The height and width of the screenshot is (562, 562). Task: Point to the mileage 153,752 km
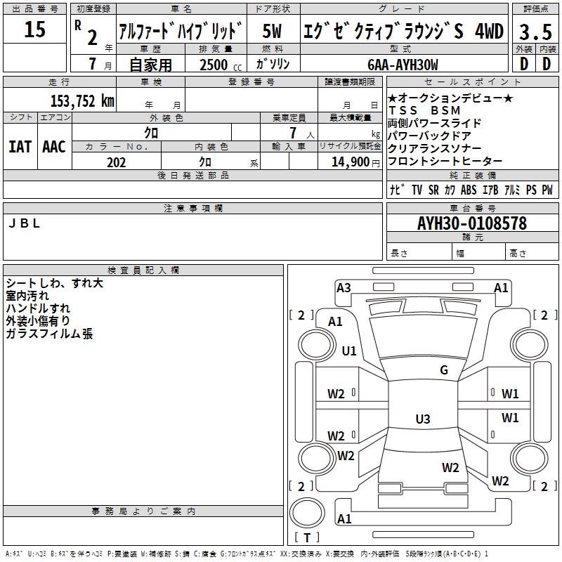click(x=81, y=100)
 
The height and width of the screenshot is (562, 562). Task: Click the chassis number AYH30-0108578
click(x=471, y=223)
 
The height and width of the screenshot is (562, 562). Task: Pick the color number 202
click(x=117, y=162)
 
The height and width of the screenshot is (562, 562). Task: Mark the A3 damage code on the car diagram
click(x=344, y=287)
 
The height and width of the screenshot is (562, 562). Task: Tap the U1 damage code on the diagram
click(x=349, y=351)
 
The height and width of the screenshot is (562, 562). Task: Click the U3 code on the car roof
click(x=422, y=419)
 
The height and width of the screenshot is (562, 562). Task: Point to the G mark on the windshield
click(x=444, y=370)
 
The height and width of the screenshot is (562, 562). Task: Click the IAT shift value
click(x=20, y=146)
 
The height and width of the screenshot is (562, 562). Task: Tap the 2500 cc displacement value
click(x=214, y=65)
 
